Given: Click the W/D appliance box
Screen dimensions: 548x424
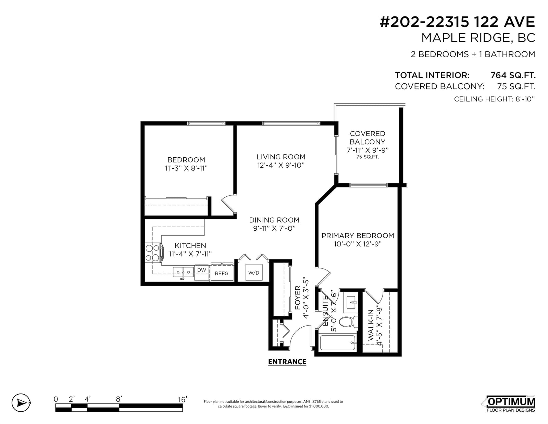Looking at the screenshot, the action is point(254,272).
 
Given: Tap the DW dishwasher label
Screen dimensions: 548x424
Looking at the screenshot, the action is point(201,270).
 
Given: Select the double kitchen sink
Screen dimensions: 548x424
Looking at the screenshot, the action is point(183,272).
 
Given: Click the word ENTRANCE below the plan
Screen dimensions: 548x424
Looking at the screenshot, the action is point(287,362).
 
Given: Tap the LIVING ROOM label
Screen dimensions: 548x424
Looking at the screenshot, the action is point(281,157).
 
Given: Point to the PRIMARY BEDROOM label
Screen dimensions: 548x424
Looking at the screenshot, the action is point(358,236).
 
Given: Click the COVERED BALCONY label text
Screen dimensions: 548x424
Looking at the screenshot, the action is point(368,138).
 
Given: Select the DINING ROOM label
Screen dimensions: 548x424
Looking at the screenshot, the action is point(274,220).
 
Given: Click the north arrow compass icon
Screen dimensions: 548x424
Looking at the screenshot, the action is point(21,403).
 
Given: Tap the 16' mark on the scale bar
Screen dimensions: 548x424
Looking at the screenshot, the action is point(182,400).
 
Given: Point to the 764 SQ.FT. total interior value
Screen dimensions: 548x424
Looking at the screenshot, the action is point(513,75).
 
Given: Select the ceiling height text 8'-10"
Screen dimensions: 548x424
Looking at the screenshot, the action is point(525,99).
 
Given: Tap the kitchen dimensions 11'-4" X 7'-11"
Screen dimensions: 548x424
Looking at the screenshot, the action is point(190,254).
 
